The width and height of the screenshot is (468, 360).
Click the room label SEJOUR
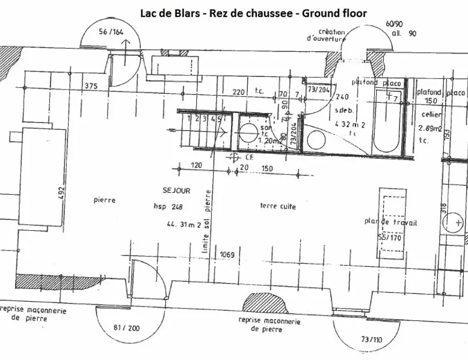[176, 191]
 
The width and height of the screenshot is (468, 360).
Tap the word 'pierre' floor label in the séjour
[104, 200]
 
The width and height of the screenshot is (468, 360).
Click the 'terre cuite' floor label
[277, 206]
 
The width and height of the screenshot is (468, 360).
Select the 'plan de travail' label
[390, 222]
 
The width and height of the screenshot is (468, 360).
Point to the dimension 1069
[227, 254]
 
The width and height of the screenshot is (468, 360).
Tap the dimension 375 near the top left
[91, 86]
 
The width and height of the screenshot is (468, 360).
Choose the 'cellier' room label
[432, 114]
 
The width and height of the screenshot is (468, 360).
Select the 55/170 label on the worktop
[390, 238]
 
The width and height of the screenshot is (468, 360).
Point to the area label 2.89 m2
[430, 128]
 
